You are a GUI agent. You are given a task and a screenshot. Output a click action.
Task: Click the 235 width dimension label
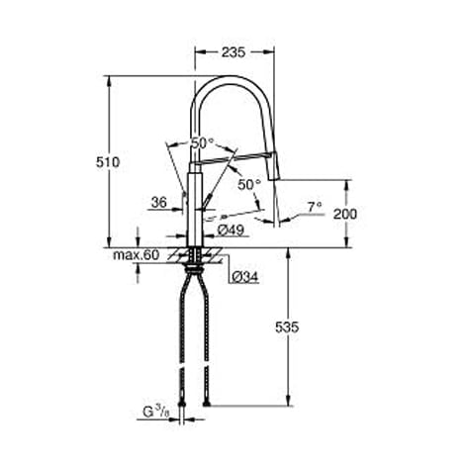coord(233,52)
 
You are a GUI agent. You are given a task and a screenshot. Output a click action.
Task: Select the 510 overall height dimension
coord(108,162)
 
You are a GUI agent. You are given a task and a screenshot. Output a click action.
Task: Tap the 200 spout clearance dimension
coord(345,214)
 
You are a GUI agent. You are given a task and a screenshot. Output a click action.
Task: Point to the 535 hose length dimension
coord(287,327)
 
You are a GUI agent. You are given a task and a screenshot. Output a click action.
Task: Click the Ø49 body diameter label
coord(231,230)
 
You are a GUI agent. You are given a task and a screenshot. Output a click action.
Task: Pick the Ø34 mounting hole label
coord(245,277)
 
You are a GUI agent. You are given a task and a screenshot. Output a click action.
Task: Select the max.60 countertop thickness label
coord(137,254)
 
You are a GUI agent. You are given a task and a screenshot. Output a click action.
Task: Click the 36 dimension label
coord(159,202)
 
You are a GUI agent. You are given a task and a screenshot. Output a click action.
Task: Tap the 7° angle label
coord(315,208)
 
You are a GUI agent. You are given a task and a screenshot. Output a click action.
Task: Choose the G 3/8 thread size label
coord(156,412)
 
